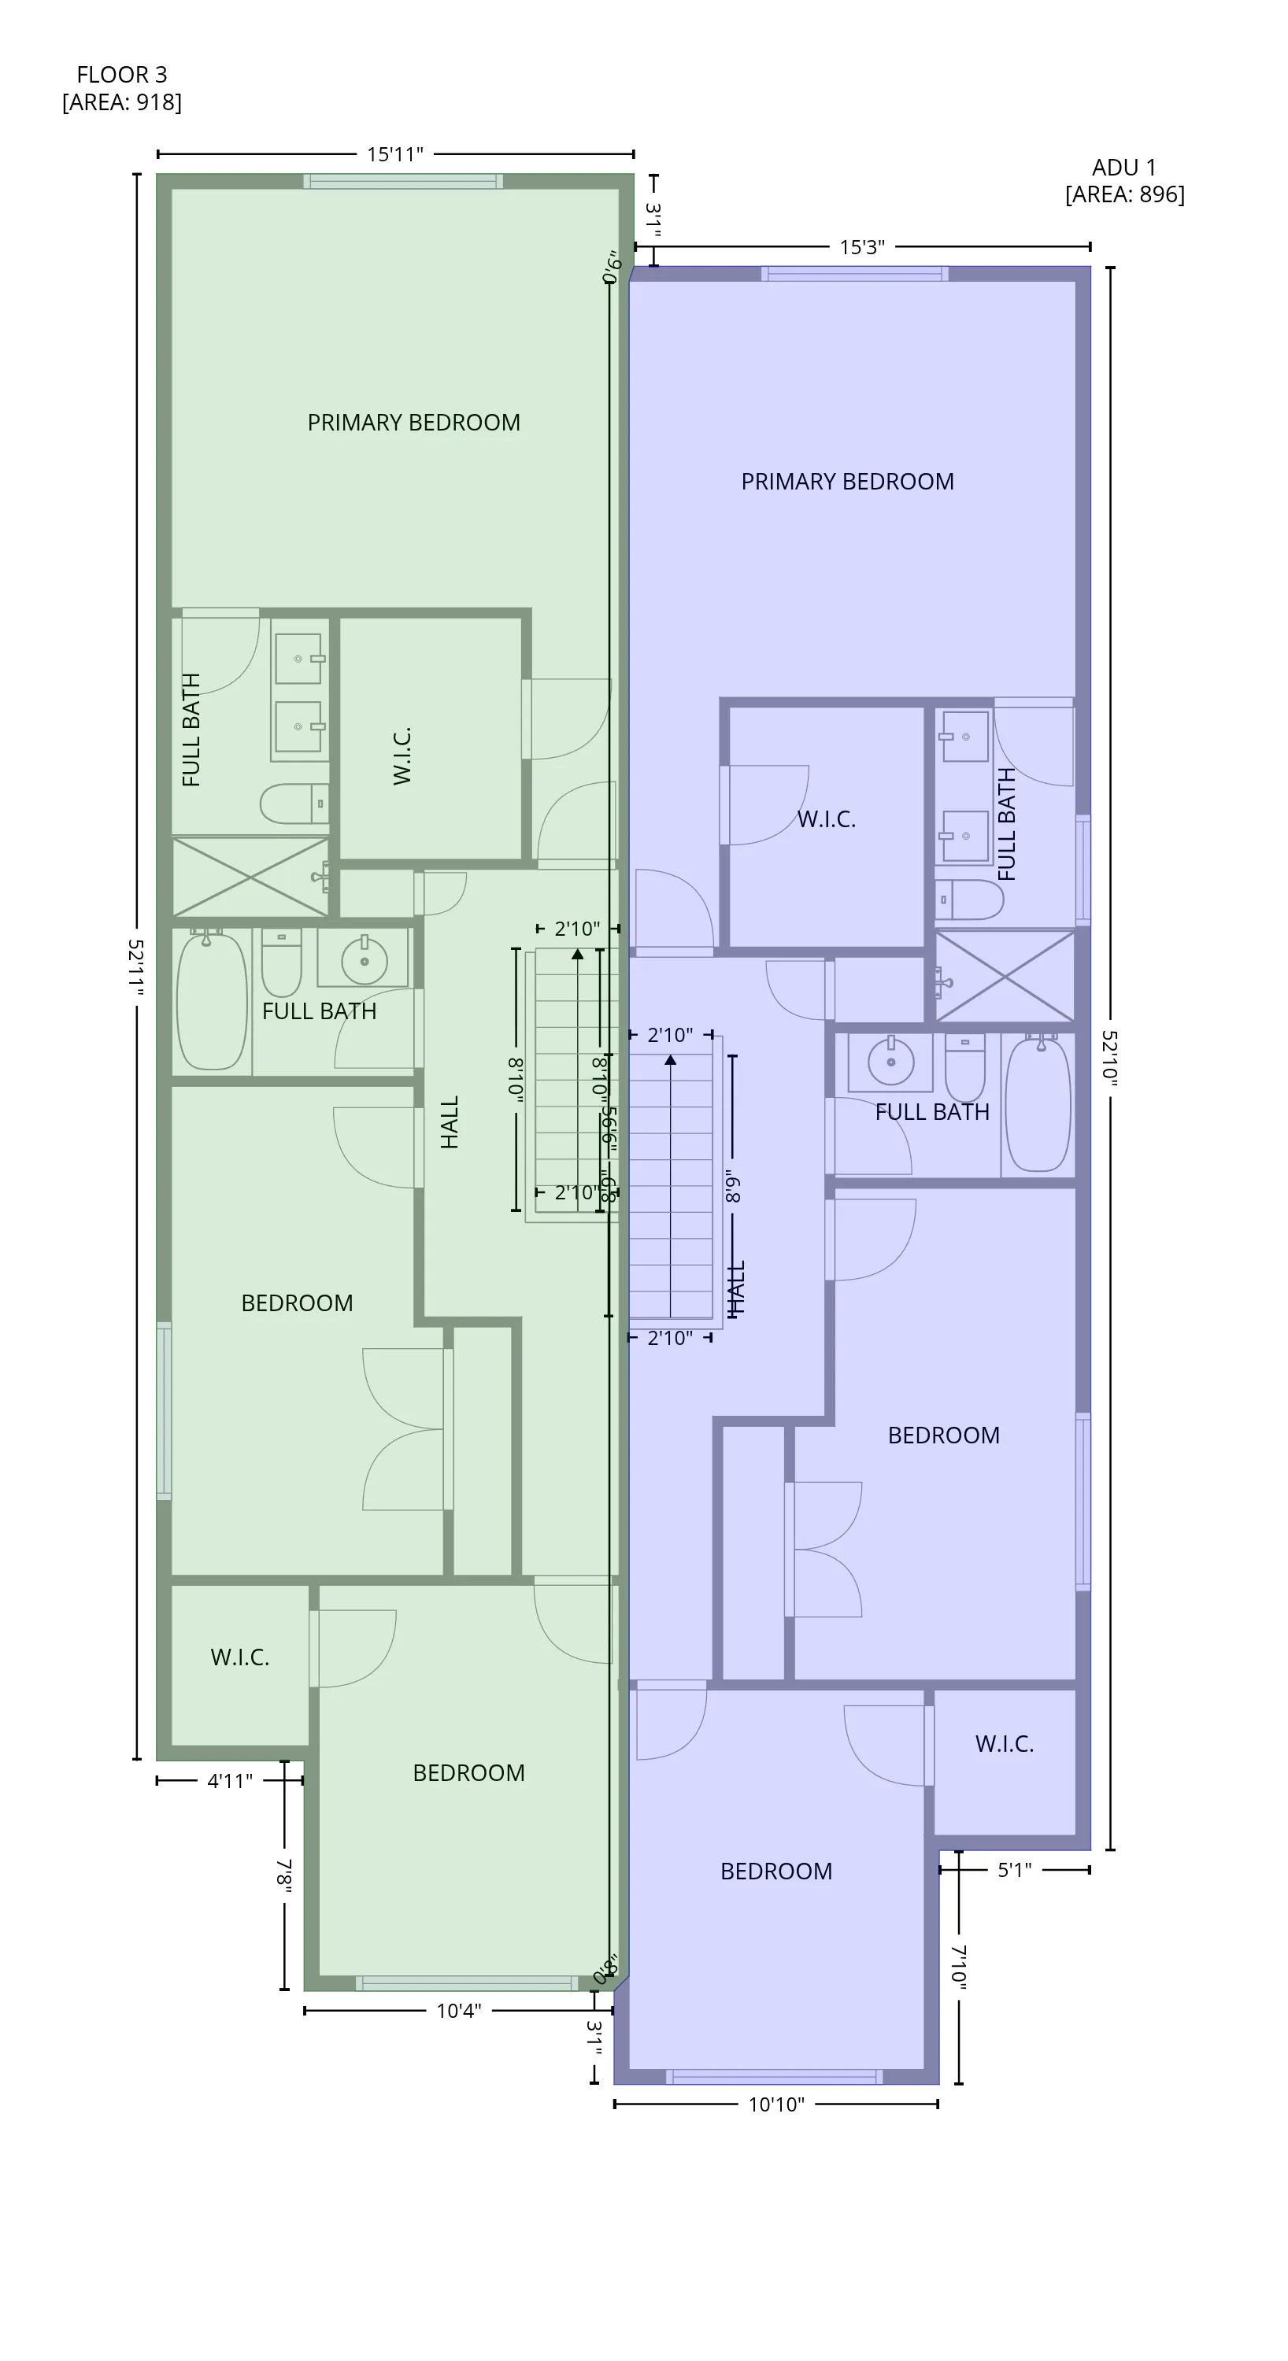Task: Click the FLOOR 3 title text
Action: (121, 74)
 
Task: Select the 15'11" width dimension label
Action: (395, 154)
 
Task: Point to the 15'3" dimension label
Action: (862, 247)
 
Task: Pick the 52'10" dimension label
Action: (1110, 1059)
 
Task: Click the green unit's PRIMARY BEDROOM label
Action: (413, 423)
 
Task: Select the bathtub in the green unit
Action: (212, 1001)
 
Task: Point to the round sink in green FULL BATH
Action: (364, 960)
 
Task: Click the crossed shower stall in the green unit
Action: (250, 878)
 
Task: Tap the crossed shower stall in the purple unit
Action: (1005, 977)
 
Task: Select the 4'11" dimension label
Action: (229, 1781)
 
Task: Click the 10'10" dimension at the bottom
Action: (775, 2104)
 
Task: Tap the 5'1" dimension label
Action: (1014, 1870)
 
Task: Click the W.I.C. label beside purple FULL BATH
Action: (826, 820)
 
